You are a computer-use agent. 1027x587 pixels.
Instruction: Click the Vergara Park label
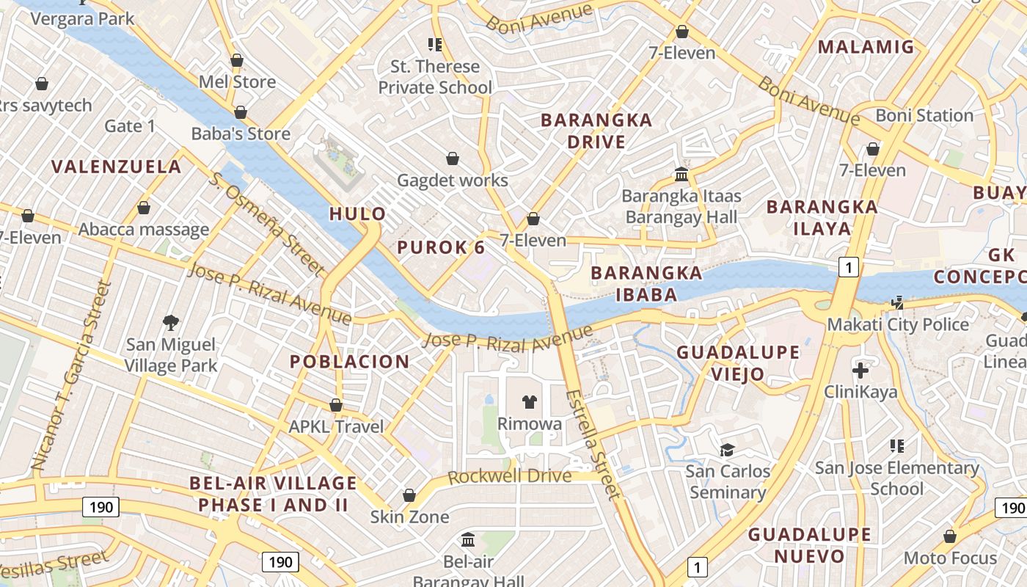click(x=82, y=18)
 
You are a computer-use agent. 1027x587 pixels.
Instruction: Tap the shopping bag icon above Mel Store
click(x=237, y=60)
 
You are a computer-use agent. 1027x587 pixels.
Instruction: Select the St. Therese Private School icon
click(x=435, y=45)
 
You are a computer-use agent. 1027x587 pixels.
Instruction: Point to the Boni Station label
click(x=924, y=115)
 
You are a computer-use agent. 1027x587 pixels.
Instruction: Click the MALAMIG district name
click(x=866, y=47)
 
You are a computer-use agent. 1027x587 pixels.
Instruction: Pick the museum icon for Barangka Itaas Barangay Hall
click(x=681, y=175)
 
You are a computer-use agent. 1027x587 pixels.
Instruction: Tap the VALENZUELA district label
click(x=117, y=167)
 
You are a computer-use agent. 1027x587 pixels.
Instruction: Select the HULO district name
click(x=357, y=214)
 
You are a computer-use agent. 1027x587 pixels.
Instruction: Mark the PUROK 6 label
click(x=441, y=247)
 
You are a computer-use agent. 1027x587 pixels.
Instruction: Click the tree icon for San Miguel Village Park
click(x=171, y=322)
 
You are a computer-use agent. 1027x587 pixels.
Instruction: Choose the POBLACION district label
click(x=349, y=361)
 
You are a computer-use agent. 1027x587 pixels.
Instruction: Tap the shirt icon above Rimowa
click(x=529, y=401)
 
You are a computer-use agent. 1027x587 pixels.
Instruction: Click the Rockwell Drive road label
click(x=509, y=476)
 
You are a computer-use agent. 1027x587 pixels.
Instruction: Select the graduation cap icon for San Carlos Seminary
click(x=728, y=449)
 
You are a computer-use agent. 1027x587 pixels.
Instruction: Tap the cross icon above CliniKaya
click(x=860, y=370)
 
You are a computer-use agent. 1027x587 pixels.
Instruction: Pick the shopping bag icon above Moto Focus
click(x=950, y=536)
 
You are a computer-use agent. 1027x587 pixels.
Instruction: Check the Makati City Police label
click(x=898, y=324)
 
